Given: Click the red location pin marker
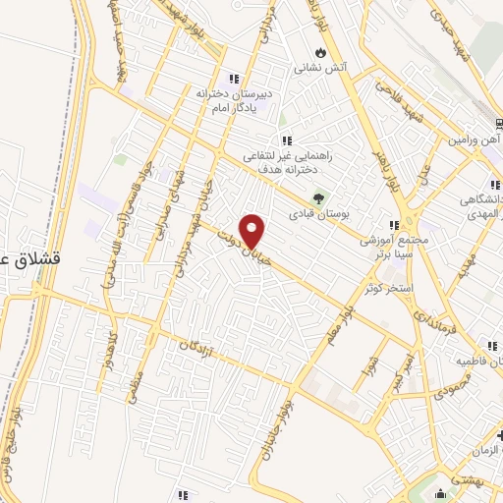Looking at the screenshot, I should (x=253, y=231).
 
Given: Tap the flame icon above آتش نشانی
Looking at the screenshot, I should (x=320, y=52).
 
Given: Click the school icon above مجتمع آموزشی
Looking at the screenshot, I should (x=395, y=224).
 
